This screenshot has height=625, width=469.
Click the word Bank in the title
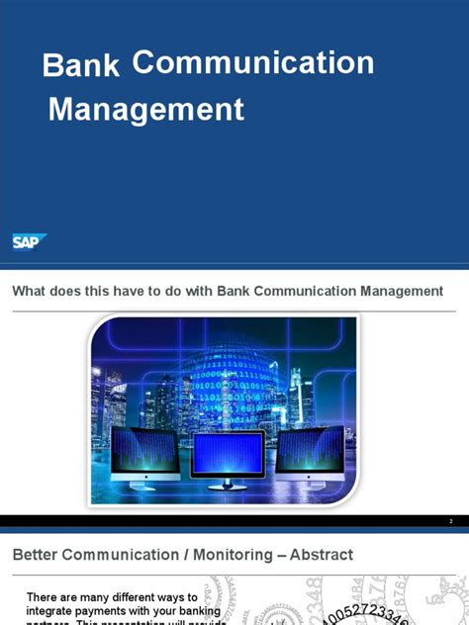pos(81,66)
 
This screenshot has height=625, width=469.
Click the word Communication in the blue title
pos(252,62)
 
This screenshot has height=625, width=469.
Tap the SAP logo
pos(29,241)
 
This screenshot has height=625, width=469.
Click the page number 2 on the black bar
pos(450,521)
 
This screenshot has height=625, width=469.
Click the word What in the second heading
pos(31,291)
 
